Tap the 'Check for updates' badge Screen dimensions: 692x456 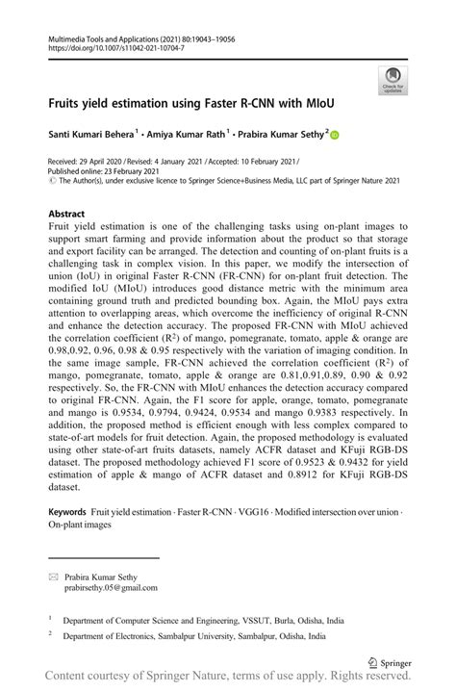tap(393, 81)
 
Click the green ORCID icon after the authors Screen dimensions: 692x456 tap(335, 137)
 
